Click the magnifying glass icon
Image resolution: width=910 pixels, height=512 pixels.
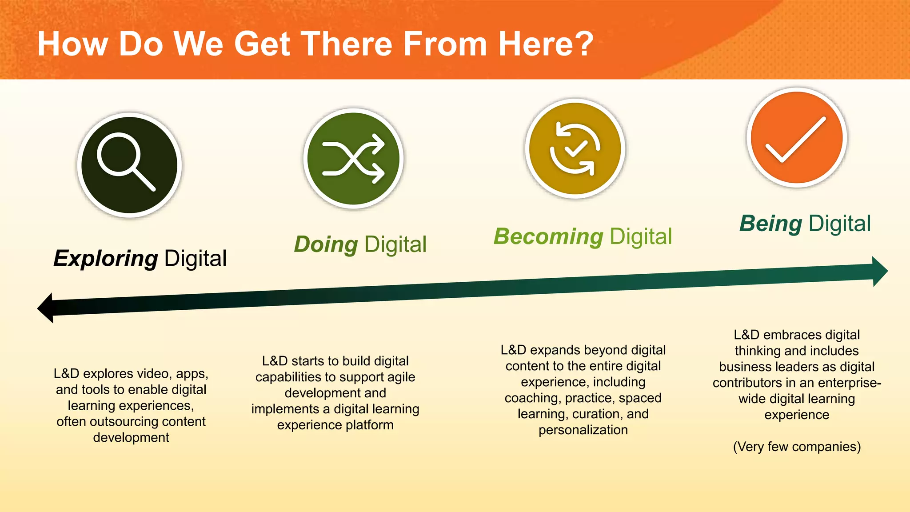(129, 165)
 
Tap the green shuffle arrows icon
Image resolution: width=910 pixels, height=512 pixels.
(354, 159)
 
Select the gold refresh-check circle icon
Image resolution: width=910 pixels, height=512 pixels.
(575, 149)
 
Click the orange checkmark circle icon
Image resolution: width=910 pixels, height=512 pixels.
(797, 138)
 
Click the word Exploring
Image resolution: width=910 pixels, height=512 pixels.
(105, 259)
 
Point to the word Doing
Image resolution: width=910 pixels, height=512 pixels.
(326, 244)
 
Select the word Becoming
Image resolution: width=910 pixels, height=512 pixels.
(548, 236)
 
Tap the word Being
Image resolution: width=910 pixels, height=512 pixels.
(770, 224)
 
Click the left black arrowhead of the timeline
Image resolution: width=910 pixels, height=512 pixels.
(46, 308)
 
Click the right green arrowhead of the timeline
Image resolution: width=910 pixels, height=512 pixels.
(879, 271)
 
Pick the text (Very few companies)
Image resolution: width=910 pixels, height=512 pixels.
(797, 446)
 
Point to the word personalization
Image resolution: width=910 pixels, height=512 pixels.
(583, 430)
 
